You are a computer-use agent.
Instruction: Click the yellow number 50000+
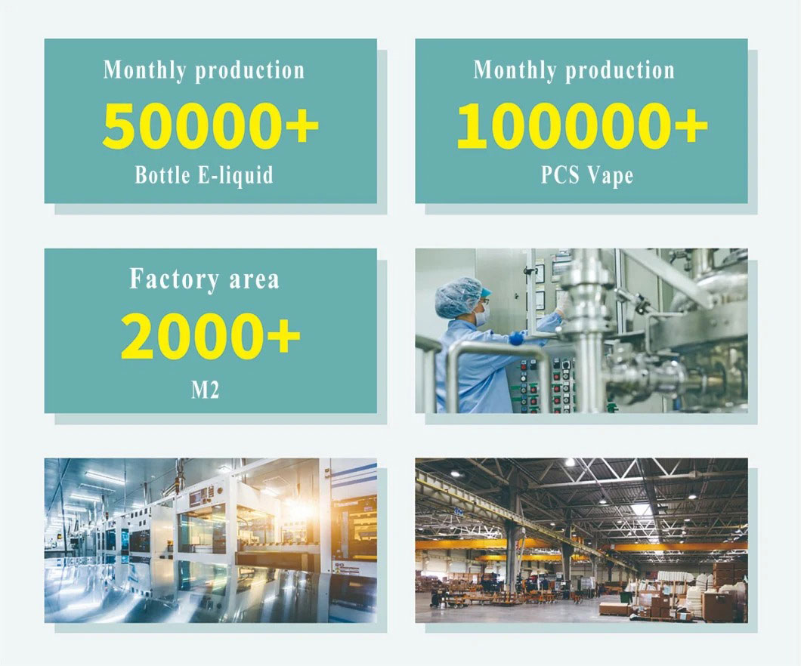[x=211, y=125]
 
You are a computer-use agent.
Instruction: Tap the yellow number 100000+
[x=583, y=125]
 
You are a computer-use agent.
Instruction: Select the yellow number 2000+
[x=211, y=335]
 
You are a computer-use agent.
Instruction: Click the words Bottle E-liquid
[x=204, y=175]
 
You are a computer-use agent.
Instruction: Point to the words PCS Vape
[x=587, y=175]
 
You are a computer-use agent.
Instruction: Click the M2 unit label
[x=206, y=390]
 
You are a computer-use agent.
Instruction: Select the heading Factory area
[x=204, y=279]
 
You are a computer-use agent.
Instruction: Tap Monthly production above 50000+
[x=204, y=70]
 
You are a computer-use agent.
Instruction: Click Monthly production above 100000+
[x=574, y=70]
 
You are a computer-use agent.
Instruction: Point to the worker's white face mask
[x=482, y=314]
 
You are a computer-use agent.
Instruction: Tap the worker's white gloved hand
[x=563, y=303]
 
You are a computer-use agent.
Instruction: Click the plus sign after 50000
[x=302, y=125]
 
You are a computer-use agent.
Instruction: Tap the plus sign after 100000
[x=691, y=125]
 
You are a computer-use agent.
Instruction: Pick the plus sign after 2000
[x=283, y=335]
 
